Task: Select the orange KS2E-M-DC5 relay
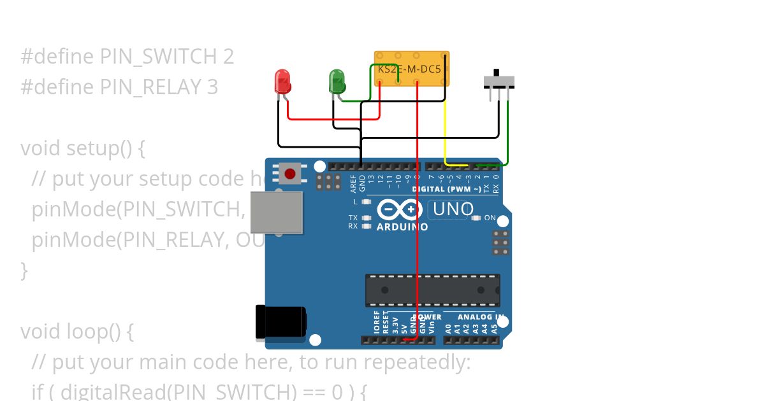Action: coord(411,68)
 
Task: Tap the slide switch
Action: coord(499,81)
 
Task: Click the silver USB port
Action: coord(276,213)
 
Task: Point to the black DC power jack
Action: coord(279,323)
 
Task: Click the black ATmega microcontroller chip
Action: coord(432,290)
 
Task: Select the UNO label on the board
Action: coord(452,209)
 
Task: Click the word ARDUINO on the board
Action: coord(402,227)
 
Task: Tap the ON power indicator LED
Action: coord(476,218)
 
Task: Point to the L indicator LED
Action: coord(366,202)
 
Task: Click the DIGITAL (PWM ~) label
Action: coord(446,189)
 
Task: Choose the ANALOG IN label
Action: coord(481,317)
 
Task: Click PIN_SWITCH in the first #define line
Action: coord(159,57)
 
